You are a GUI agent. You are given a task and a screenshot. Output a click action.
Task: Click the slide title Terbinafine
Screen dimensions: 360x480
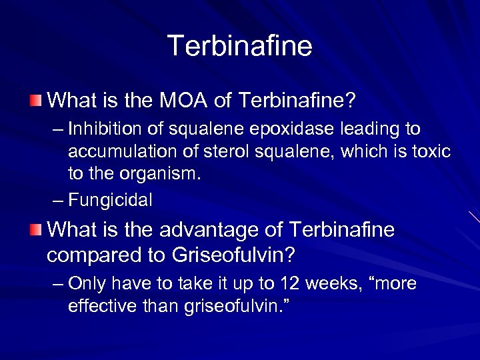[x=239, y=46]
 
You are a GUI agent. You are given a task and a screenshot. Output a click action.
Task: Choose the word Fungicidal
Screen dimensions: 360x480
[x=111, y=199]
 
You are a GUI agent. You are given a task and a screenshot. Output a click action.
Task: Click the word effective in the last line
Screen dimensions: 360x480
[x=99, y=307]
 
